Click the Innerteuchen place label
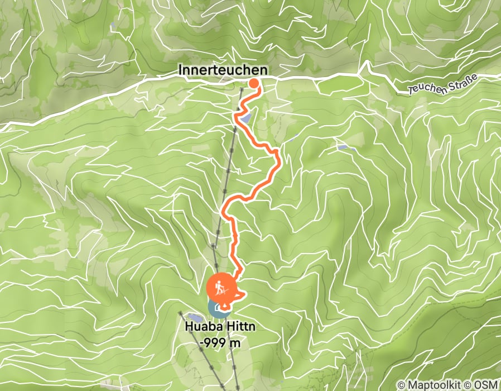222,69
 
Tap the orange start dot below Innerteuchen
253,84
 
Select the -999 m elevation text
222,343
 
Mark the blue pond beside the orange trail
246,118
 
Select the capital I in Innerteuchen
181,69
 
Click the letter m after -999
236,343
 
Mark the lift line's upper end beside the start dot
242,89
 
